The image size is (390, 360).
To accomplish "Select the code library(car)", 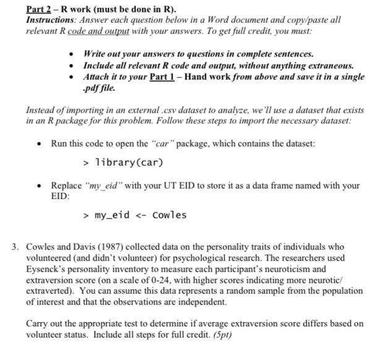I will click(x=129, y=163).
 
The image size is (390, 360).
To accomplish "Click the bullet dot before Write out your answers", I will click(x=73, y=54).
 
